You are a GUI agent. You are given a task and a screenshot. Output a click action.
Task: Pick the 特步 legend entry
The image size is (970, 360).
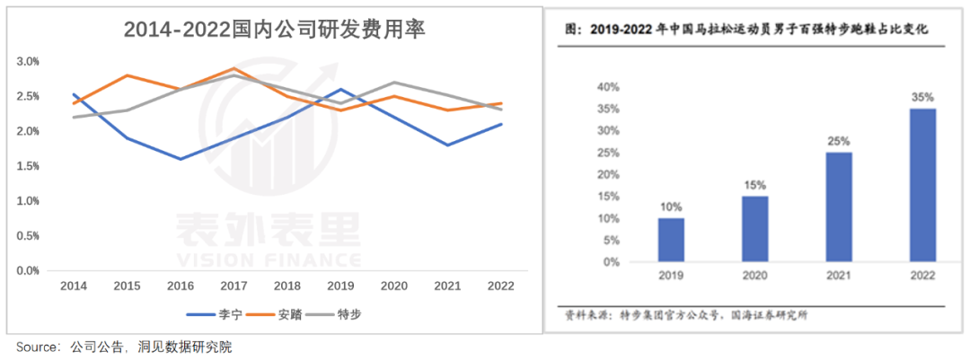click(x=348, y=314)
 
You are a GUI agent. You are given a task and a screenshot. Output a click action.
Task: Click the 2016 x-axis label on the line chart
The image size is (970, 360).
click(x=180, y=285)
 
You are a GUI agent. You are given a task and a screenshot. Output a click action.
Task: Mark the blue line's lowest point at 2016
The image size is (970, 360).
click(x=180, y=159)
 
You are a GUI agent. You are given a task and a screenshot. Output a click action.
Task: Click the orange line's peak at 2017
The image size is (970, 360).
click(x=234, y=68)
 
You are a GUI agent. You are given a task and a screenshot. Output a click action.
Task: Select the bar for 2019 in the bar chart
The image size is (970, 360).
click(x=671, y=240)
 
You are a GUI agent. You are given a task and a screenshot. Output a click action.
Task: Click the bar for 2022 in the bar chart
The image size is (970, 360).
click(x=922, y=185)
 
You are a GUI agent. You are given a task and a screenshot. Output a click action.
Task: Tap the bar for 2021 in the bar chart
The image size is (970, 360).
click(x=838, y=207)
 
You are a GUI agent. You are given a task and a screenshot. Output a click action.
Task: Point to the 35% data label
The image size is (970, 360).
click(x=922, y=97)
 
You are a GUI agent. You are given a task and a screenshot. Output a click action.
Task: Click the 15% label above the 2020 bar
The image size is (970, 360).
click(x=754, y=185)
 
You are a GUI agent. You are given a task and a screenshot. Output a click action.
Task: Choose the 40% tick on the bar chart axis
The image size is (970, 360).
click(x=609, y=87)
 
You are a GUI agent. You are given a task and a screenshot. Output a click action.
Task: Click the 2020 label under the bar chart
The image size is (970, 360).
click(x=754, y=277)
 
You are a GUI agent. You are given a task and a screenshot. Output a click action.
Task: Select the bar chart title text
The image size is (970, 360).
click(x=745, y=30)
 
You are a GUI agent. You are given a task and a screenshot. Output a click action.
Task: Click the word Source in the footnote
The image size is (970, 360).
click(x=33, y=347)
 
